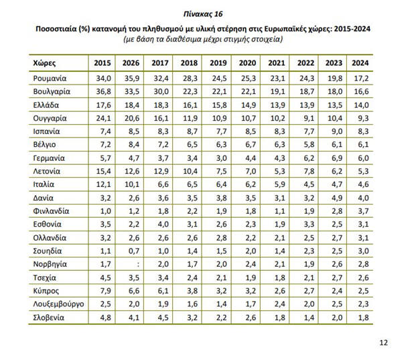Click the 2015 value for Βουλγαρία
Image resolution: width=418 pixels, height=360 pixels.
[102, 92]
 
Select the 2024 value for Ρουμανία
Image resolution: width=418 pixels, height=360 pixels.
[361, 79]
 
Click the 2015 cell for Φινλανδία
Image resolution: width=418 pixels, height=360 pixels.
[102, 211]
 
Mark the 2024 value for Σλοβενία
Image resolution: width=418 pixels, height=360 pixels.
[361, 316]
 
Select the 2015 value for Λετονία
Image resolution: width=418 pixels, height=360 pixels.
[102, 171]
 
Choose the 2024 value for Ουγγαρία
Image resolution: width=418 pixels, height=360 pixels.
[361, 118]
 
